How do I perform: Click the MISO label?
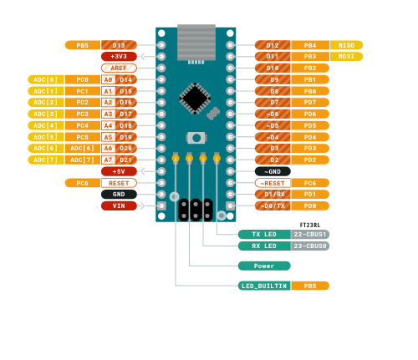[x=346, y=45]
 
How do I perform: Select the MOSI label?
[x=346, y=56]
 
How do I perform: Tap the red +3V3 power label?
[x=119, y=56]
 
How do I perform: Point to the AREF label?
[x=119, y=68]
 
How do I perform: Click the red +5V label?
[x=119, y=171]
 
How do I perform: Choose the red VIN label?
[x=119, y=205]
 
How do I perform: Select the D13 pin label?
[x=119, y=45]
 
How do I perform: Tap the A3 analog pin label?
[x=108, y=114]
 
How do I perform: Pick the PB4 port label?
[x=310, y=45]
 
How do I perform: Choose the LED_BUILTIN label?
[x=263, y=286]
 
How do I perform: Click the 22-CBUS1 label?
[x=310, y=235]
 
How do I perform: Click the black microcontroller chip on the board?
[x=196, y=98]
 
